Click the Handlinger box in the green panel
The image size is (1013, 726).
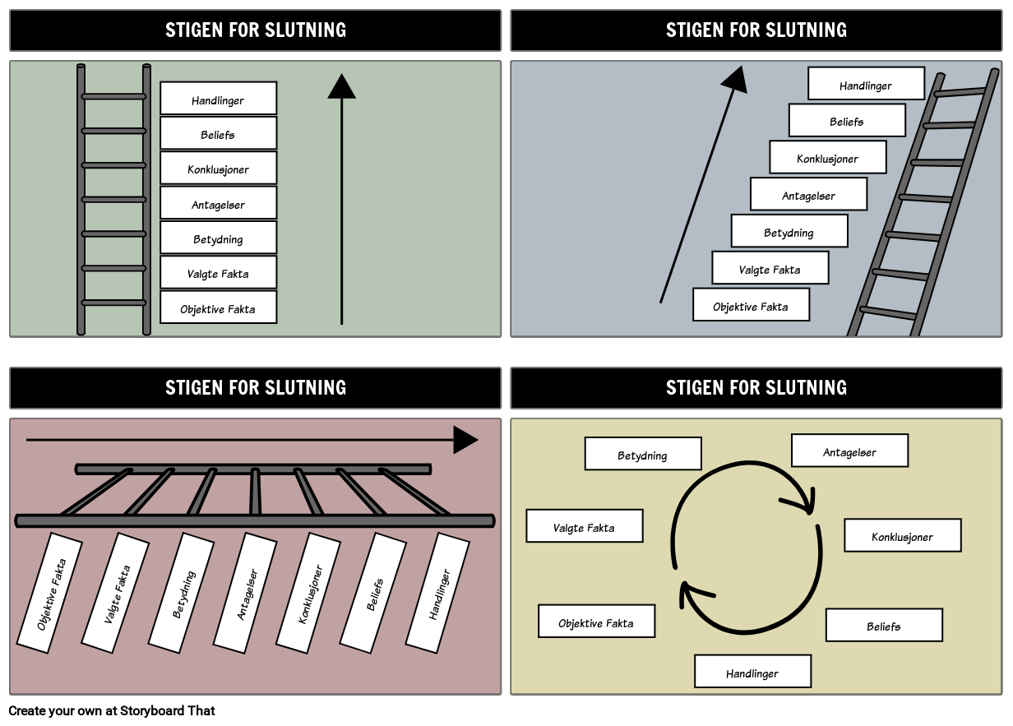[x=218, y=99]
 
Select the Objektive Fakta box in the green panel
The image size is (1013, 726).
[x=218, y=308]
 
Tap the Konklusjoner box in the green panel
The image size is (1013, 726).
[x=218, y=168]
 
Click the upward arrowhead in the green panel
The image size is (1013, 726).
[x=341, y=86]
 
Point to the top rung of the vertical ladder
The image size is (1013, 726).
[x=113, y=97]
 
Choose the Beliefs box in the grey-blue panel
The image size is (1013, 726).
[x=847, y=121]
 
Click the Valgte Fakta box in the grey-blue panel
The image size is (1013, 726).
[x=770, y=268]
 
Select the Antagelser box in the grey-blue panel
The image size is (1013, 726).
[x=808, y=195]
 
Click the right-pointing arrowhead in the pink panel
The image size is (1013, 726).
[x=465, y=440]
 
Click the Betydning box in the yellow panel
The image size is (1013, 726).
[x=643, y=454]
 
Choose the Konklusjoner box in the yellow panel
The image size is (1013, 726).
[x=902, y=535]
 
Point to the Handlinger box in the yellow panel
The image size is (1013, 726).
[x=752, y=671]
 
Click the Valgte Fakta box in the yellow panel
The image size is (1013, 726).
[x=584, y=526]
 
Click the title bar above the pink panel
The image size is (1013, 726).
[x=256, y=388]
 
